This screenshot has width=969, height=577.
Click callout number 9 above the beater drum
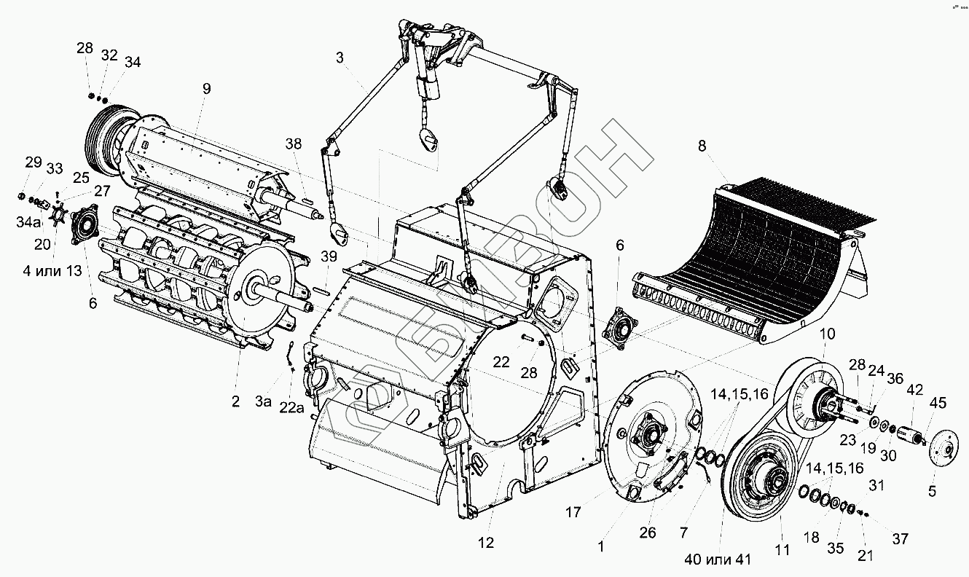(207, 89)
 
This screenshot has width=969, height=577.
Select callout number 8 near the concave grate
(702, 146)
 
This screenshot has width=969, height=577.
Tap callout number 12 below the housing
(486, 542)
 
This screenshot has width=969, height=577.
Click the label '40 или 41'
(718, 560)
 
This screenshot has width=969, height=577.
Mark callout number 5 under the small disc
(932, 491)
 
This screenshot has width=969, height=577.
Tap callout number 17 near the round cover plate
(573, 512)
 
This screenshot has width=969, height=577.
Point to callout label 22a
(292, 408)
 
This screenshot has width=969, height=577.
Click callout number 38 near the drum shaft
(293, 144)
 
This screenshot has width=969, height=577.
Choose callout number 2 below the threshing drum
(236, 401)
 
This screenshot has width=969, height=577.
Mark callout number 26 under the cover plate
(648, 533)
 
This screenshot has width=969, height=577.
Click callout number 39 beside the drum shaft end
(329, 256)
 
